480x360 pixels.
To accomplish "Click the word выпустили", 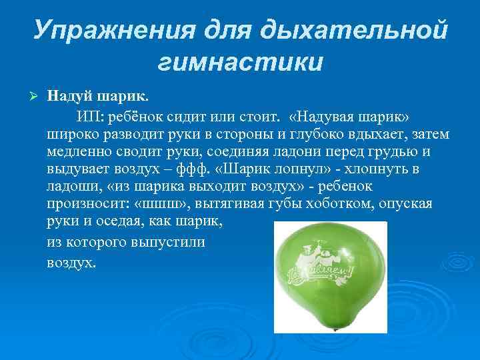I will point(171,241).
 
